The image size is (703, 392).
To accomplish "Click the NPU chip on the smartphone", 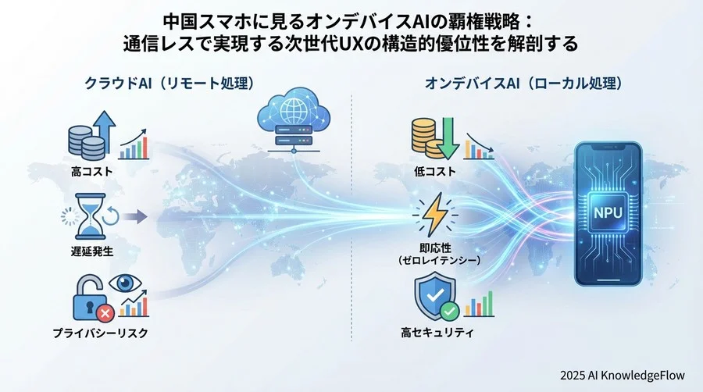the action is tap(608, 212).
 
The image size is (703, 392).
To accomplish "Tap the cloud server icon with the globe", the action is tap(294, 120).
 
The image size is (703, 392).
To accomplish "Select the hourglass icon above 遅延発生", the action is tap(90, 217).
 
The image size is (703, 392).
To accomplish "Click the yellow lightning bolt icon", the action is tap(434, 214).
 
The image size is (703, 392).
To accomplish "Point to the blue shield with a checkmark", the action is tap(434, 296).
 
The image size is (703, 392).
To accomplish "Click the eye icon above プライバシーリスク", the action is tap(125, 283).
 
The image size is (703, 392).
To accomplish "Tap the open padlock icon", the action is tap(89, 298).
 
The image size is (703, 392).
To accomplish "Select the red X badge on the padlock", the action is tap(105, 312).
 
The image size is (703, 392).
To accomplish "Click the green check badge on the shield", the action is tap(449, 311).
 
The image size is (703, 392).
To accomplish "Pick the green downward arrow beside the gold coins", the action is tap(448, 138).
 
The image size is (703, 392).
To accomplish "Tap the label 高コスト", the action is tap(92, 171).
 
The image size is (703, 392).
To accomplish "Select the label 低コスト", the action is tap(435, 171).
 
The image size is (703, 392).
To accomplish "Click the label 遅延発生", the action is tap(92, 251).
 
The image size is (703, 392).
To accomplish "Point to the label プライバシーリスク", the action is tap(101, 333).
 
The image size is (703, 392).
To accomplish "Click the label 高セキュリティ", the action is tap(437, 333).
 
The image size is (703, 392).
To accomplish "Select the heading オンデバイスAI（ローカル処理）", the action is tap(523, 84).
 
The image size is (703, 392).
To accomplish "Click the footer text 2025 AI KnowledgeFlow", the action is tap(623, 375).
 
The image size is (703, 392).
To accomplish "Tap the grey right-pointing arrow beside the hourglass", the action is tap(135, 217).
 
